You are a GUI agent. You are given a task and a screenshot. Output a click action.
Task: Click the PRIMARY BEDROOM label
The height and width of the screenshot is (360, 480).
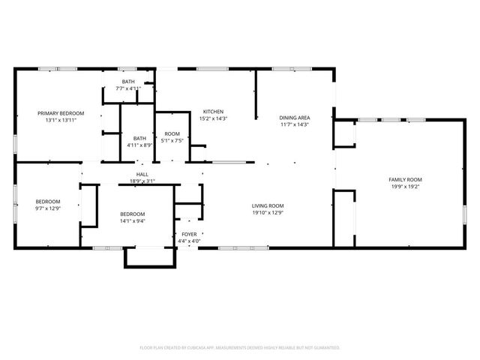(61, 113)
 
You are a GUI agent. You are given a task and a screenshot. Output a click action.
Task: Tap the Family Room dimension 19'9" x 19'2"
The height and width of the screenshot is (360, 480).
(405, 186)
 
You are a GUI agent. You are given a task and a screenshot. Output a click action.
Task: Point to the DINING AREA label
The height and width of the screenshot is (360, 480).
(294, 118)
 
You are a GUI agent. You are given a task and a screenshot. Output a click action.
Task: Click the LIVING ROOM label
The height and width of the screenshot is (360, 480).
(267, 205)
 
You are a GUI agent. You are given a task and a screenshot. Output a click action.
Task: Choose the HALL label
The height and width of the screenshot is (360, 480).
(142, 174)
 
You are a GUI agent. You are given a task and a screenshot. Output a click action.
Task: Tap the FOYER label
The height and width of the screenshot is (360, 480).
(190, 235)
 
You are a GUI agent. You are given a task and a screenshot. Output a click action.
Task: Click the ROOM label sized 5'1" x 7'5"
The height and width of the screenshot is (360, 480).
(172, 133)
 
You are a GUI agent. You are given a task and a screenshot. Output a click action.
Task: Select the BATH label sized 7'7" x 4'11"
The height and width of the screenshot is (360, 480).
(128, 82)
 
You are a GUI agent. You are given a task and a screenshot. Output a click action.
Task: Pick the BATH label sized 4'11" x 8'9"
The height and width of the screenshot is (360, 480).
(139, 138)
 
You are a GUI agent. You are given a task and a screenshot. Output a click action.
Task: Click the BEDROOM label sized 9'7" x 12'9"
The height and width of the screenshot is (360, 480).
(48, 201)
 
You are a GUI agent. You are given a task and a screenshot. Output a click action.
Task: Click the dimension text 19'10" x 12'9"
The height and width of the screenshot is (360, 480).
(267, 212)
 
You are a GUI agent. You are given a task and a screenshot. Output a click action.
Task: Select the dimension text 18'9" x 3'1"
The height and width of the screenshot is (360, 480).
(142, 181)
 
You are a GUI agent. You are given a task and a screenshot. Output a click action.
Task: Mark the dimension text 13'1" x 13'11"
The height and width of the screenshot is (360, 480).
(61, 120)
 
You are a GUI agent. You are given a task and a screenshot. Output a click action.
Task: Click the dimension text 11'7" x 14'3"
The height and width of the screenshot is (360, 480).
(294, 124)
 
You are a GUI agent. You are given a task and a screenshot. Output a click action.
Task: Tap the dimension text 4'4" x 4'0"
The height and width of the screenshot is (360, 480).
(190, 241)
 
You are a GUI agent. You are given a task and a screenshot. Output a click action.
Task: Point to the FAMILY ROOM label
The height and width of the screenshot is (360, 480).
(405, 179)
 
